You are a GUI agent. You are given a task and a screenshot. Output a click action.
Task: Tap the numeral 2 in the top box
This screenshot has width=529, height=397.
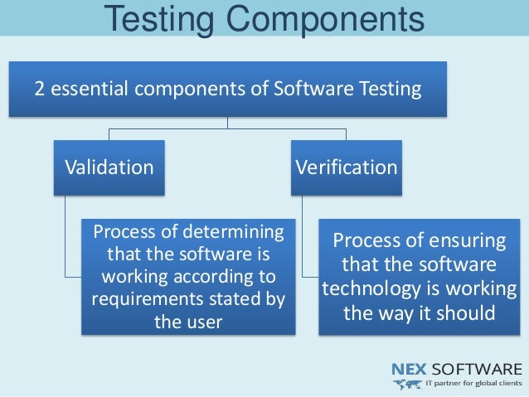click(38, 88)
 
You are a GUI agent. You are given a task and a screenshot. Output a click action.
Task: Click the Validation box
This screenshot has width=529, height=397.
click(109, 167)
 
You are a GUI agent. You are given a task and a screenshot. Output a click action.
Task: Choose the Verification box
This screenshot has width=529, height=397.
click(347, 167)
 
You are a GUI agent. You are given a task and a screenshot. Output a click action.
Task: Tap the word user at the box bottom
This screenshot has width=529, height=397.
click(203, 322)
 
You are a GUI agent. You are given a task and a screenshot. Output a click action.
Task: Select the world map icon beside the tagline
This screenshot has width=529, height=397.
click(409, 385)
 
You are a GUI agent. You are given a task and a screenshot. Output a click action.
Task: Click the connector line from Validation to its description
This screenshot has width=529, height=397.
click(66, 249)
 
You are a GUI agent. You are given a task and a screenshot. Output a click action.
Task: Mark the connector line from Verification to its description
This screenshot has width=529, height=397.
click(303, 249)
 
